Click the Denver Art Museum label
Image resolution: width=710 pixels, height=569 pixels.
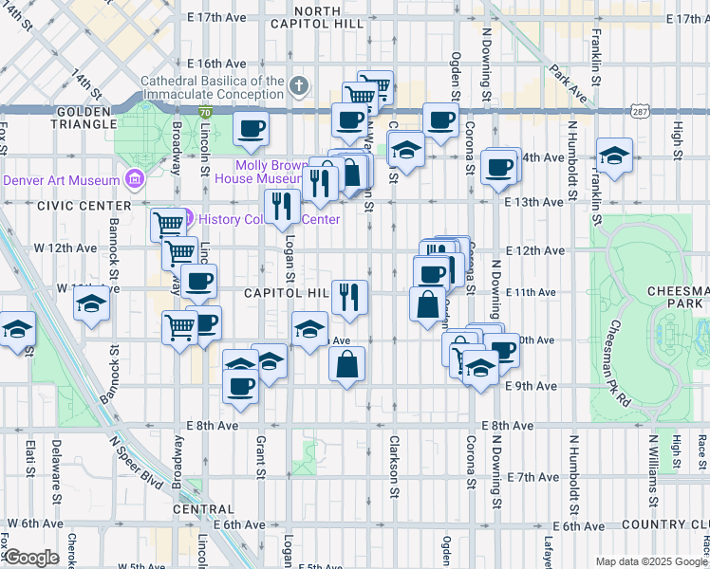pos(62,180)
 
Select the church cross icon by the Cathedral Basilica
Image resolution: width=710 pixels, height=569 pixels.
pos(299,87)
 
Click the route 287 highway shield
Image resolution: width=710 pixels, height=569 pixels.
pos(638,111)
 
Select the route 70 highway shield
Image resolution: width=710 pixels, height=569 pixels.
pos(205,112)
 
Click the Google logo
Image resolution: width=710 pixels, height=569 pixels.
pos(30,557)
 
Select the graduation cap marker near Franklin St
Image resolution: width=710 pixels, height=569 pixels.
pos(614,154)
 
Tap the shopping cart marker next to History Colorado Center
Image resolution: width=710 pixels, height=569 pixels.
pos(168,224)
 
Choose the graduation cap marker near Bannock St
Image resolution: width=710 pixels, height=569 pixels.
pos(91,304)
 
